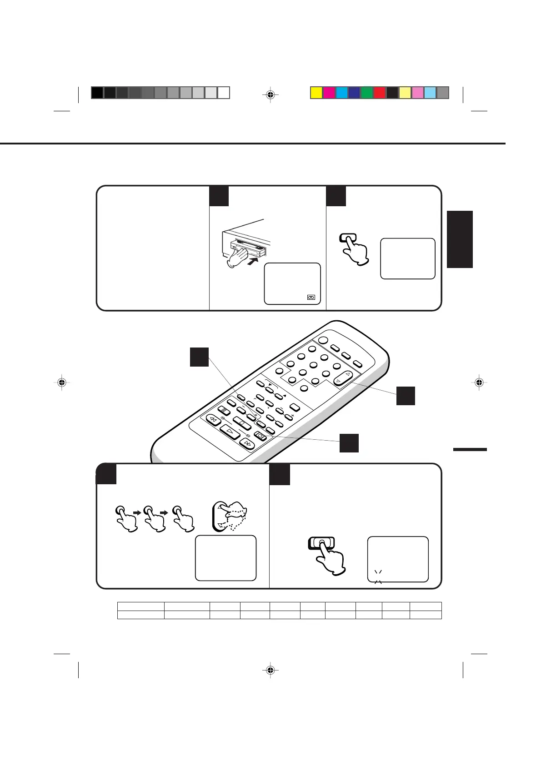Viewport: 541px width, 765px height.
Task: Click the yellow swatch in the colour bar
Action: coord(316,93)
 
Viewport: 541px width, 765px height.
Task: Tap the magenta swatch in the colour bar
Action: coord(329,93)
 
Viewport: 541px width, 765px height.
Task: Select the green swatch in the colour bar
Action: coord(367,93)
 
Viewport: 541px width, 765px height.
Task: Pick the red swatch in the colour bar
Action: coord(380,93)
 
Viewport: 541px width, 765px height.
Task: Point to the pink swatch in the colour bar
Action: coord(417,93)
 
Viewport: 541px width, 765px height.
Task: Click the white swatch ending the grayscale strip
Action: coord(223,93)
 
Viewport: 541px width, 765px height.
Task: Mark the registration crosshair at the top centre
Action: coord(270,95)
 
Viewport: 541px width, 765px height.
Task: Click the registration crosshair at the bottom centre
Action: coord(270,670)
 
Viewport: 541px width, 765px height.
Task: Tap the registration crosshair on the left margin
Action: coord(61,382)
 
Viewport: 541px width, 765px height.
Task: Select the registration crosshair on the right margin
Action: coord(479,382)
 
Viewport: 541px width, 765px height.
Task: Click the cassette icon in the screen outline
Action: coord(311,298)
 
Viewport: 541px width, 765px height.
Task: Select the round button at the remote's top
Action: coord(323,341)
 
